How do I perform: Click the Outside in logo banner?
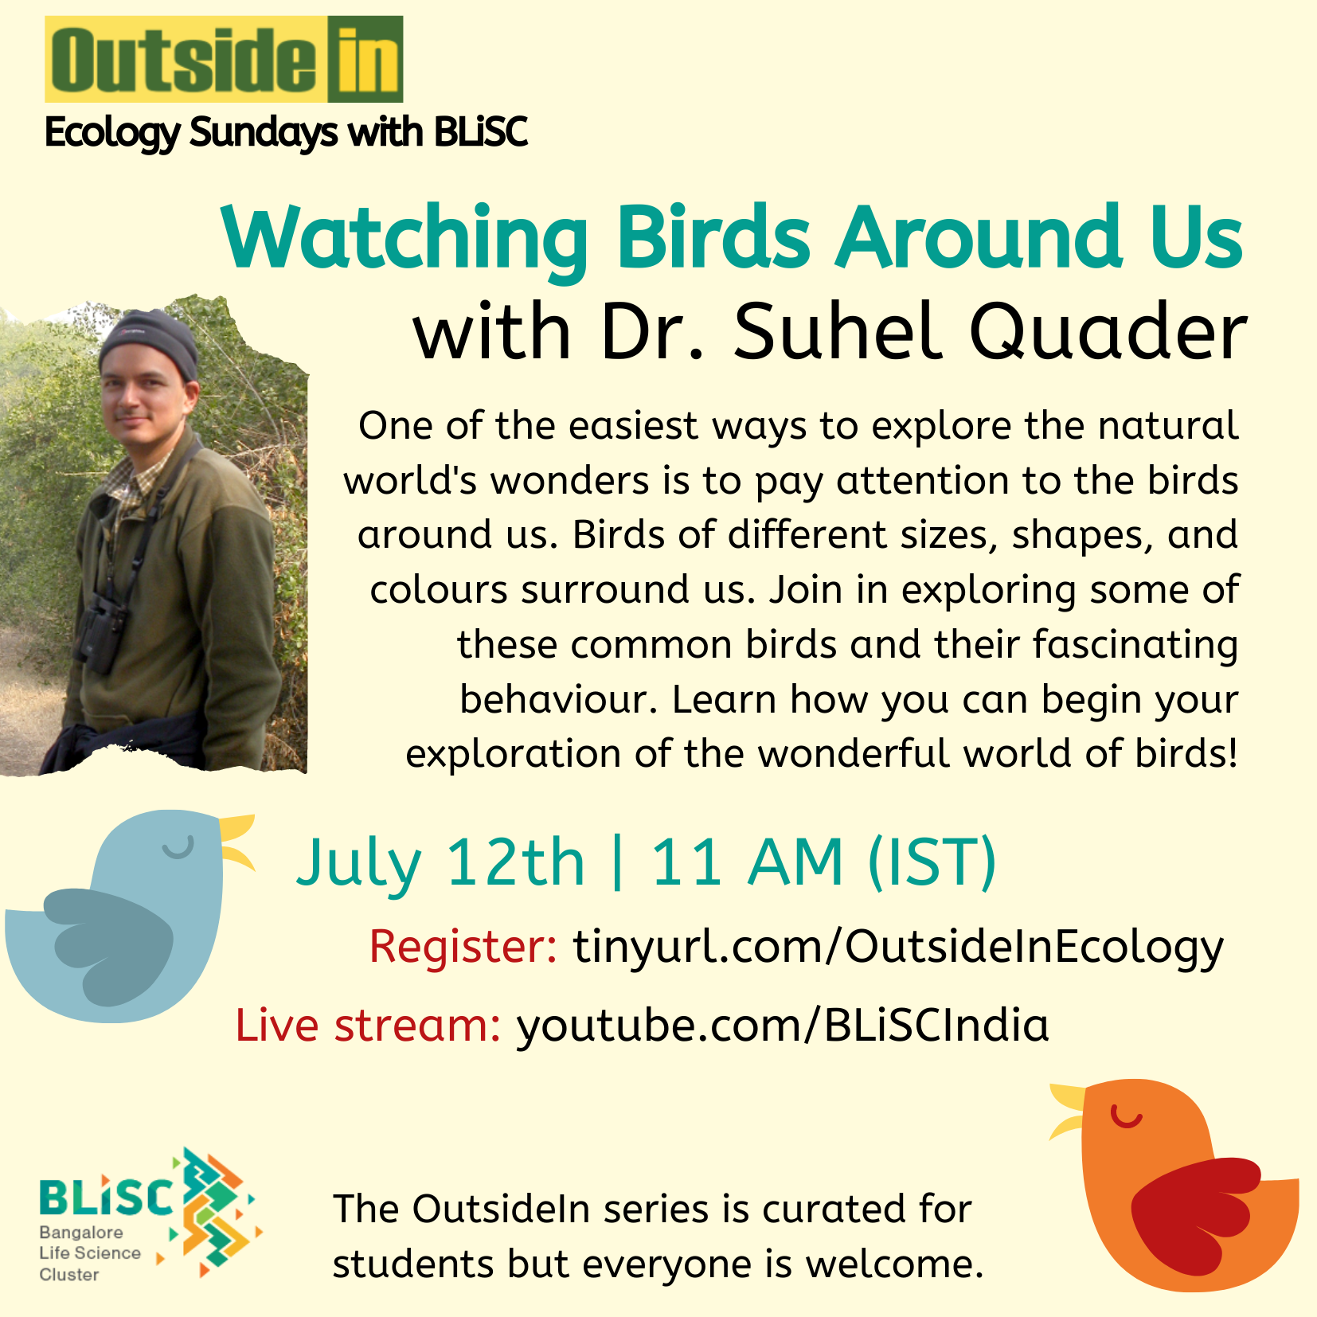224,59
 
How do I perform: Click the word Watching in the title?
405,239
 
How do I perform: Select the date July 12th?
440,864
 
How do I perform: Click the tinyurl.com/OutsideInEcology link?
898,948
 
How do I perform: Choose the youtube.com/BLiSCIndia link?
783,1026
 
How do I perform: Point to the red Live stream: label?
368,1026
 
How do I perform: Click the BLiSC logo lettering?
106,1196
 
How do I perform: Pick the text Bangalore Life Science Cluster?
90,1253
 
